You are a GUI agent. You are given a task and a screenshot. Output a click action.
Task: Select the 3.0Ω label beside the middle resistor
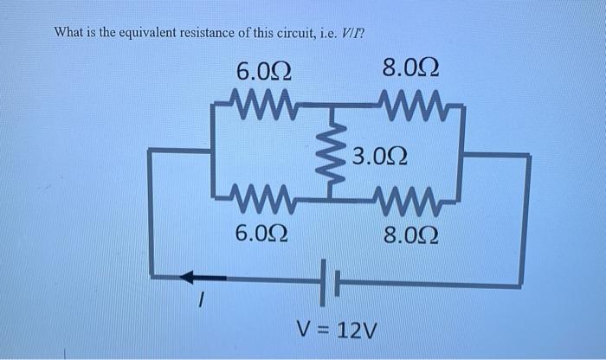[379, 157]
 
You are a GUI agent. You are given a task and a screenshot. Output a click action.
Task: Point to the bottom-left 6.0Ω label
[262, 233]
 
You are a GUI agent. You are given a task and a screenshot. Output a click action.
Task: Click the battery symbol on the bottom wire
[330, 280]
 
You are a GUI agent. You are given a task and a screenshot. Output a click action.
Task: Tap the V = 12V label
[333, 331]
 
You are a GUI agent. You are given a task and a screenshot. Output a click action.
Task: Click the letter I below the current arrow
[199, 302]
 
